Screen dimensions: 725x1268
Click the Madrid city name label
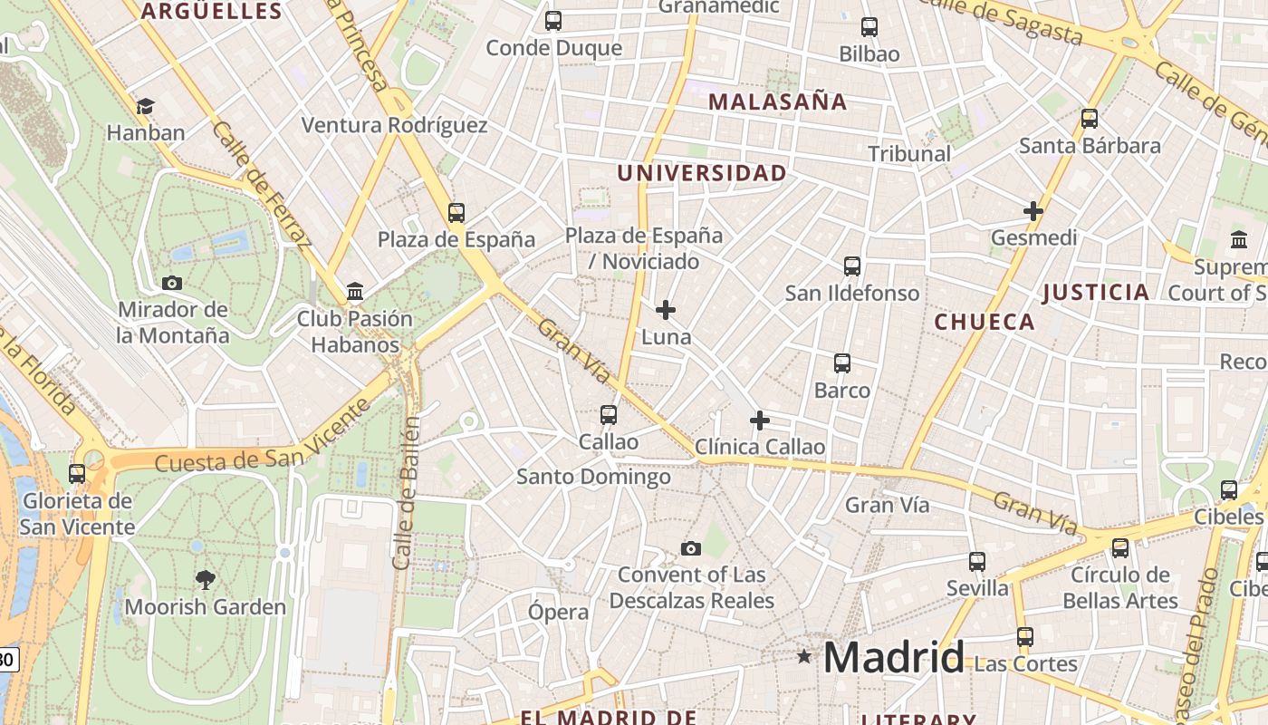[893, 657]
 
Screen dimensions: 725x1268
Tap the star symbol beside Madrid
[803, 656]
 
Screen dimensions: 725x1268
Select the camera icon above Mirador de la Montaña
[172, 283]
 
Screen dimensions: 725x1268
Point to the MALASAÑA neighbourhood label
[777, 101]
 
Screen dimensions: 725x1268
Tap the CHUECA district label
[984, 322]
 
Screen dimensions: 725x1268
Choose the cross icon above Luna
[666, 310]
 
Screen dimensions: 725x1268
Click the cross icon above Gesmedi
[1033, 211]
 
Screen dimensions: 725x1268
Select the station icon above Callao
[609, 415]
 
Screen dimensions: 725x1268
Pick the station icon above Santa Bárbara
[1090, 119]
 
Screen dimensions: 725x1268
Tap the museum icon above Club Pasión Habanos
[355, 292]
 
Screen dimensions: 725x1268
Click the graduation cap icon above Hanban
[145, 107]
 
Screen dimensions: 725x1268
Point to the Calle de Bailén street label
[406, 494]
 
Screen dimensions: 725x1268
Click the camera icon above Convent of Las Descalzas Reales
[691, 548]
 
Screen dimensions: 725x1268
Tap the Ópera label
[558, 612]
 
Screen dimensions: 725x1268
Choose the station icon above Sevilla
[977, 562]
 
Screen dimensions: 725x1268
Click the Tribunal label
[909, 153]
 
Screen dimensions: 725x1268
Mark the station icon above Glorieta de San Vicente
[77, 473]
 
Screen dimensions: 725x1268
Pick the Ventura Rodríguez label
[394, 125]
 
